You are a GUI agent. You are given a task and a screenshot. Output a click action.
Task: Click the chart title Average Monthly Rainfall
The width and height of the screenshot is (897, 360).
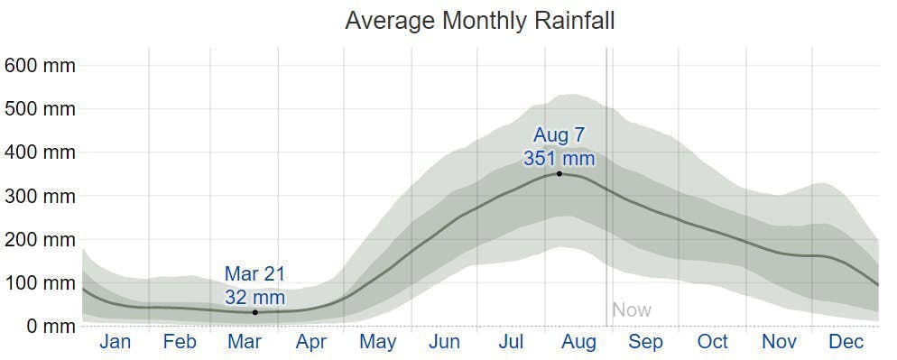(x=479, y=21)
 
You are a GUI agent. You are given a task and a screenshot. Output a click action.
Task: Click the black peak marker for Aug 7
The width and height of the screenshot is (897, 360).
(x=559, y=173)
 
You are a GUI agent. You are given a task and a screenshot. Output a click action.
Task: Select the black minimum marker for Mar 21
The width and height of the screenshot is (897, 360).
(x=255, y=312)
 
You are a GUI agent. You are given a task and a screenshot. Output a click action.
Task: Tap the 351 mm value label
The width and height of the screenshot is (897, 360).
(x=559, y=158)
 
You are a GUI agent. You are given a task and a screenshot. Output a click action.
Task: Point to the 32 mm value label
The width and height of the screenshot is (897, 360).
(x=255, y=297)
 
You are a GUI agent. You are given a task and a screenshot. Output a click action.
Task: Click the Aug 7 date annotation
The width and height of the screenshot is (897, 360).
(x=559, y=135)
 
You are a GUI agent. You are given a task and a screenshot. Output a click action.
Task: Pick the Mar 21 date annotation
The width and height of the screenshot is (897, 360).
(x=255, y=274)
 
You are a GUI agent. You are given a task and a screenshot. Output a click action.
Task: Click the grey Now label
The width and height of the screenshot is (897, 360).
(x=632, y=310)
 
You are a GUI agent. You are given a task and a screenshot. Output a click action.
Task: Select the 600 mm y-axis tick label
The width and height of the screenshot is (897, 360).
(x=40, y=66)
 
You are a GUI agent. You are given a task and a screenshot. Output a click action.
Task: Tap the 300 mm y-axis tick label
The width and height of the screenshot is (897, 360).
(x=40, y=196)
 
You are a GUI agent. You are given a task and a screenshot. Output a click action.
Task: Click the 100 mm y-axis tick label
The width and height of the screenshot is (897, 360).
(x=40, y=282)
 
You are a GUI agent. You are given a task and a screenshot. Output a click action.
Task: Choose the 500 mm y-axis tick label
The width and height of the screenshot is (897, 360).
(x=40, y=109)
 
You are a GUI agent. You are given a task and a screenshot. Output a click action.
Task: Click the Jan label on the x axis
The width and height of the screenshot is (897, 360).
(x=116, y=342)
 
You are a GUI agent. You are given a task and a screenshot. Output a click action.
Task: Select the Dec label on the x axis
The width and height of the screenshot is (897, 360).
(x=846, y=342)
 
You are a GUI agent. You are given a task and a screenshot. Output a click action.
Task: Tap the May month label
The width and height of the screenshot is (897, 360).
(x=378, y=342)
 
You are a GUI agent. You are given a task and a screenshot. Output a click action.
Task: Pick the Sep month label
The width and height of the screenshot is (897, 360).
(x=645, y=342)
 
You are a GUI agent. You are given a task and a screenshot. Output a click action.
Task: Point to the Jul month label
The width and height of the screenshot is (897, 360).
(x=512, y=342)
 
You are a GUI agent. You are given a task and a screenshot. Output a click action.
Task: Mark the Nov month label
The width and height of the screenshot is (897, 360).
(x=780, y=342)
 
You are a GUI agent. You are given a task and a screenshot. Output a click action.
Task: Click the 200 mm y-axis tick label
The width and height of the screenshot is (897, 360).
(x=40, y=239)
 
